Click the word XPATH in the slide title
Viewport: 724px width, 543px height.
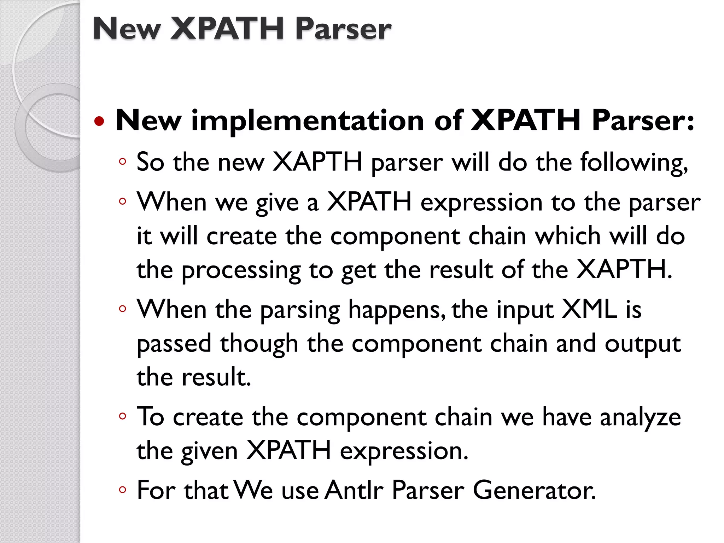(x=227, y=29)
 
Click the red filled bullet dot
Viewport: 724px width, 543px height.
(x=100, y=121)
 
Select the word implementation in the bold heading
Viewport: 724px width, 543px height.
(x=307, y=121)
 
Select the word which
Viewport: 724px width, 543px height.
(x=568, y=236)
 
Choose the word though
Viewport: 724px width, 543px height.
(x=259, y=344)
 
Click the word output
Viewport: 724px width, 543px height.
(x=642, y=344)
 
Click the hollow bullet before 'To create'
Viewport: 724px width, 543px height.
(x=123, y=416)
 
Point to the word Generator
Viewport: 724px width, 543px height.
(x=534, y=490)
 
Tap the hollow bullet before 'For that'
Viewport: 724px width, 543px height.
(x=123, y=490)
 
